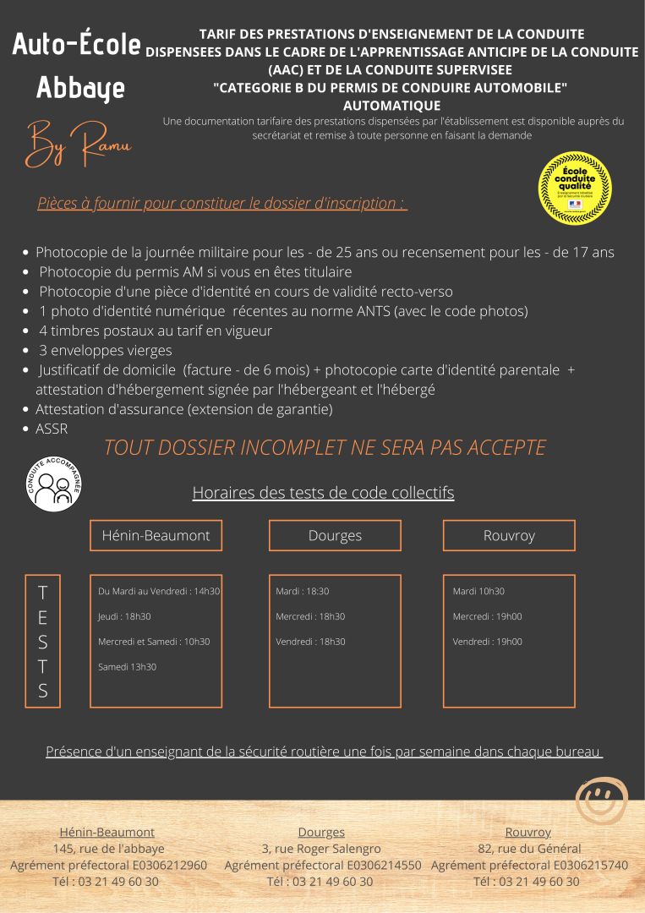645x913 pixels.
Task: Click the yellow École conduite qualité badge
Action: pos(575,189)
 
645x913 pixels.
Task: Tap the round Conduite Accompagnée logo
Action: pos(54,484)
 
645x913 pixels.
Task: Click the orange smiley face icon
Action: pos(601,800)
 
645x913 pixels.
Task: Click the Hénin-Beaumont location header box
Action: pos(156,535)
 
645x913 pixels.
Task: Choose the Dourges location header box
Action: pos(335,535)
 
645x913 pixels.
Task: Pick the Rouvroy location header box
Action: pos(509,535)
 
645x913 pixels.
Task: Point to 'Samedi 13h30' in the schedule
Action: pos(127,667)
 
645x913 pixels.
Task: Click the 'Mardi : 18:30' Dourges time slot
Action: pos(303,591)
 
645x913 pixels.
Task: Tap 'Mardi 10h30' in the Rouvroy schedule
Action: pos(478,591)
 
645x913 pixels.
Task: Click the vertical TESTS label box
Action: pos(42,641)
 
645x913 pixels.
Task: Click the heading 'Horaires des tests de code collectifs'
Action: pos(323,492)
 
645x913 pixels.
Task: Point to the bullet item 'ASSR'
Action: pos(52,429)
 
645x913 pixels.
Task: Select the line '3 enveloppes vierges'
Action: pos(105,350)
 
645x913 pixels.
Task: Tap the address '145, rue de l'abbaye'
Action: pos(108,848)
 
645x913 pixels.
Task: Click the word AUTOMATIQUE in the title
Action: pos(391,106)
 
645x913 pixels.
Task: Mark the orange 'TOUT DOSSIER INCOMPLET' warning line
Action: pos(325,447)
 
